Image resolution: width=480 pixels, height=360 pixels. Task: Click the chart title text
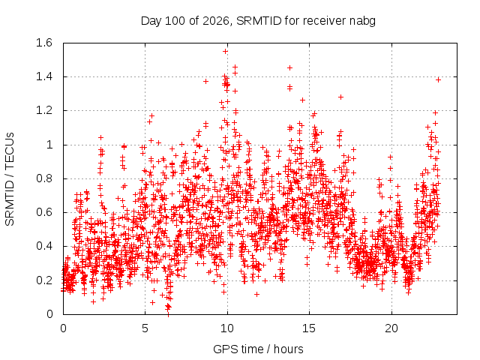tap(258, 21)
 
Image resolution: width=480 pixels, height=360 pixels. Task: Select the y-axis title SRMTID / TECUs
tap(10, 179)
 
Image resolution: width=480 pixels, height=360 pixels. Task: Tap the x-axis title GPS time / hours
tap(258, 349)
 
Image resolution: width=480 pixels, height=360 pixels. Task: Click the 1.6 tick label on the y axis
tap(44, 43)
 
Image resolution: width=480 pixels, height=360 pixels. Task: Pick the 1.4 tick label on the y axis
tap(44, 76)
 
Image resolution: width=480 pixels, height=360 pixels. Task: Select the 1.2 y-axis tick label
tap(44, 110)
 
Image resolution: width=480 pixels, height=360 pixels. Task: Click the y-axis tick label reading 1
tap(49, 145)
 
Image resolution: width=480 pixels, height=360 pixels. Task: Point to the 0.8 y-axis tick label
tap(44, 178)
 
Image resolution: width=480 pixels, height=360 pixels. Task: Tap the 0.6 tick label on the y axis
tap(44, 212)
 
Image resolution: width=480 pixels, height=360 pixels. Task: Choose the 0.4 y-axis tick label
tap(44, 246)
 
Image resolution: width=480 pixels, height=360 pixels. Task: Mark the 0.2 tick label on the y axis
tap(44, 280)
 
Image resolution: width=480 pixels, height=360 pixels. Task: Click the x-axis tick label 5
tap(145, 328)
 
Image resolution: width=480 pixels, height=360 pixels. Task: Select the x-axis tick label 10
tap(227, 328)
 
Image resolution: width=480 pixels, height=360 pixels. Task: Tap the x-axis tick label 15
tap(309, 328)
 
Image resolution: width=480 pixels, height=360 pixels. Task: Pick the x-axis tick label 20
tap(391, 328)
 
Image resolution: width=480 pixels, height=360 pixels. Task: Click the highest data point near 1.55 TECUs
tap(225, 52)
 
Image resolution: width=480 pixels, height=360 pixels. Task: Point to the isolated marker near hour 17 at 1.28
tap(340, 97)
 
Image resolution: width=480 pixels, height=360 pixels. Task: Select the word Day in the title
tap(151, 22)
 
